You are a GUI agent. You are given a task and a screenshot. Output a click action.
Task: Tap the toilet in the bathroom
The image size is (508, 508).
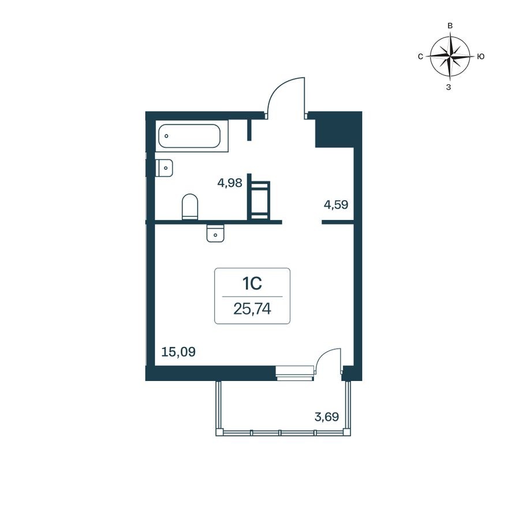(x=190, y=207)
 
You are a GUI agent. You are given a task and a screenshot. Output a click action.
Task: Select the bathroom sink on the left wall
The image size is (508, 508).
(x=165, y=167)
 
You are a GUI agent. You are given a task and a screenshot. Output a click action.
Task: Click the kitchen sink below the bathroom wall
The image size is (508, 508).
(x=215, y=233)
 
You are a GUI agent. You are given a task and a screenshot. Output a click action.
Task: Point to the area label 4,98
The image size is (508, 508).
(x=229, y=184)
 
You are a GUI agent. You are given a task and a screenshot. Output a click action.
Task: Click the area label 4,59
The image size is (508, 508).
(x=336, y=204)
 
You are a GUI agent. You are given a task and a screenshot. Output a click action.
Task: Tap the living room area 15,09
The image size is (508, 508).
(x=178, y=351)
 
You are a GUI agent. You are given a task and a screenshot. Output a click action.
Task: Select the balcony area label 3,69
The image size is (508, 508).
(x=327, y=416)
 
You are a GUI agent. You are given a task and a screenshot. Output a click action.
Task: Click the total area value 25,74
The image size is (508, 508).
(x=252, y=309)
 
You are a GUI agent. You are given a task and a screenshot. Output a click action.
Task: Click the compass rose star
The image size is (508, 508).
(x=450, y=56)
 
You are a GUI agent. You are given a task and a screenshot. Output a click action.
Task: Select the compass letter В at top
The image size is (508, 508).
(x=450, y=26)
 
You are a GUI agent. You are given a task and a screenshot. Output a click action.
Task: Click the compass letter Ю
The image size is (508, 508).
(x=480, y=57)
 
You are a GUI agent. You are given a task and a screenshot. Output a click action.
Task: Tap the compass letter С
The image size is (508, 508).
(x=420, y=57)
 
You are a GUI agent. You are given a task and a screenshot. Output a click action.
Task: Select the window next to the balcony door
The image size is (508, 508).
(x=294, y=373)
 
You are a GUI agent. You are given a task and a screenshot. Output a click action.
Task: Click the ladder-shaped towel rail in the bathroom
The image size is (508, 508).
(x=259, y=200)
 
